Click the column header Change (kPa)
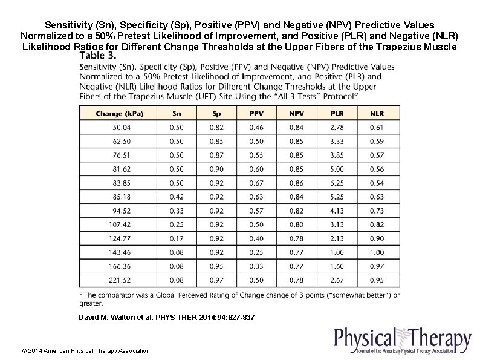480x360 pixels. [118, 113]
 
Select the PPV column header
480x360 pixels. [256, 113]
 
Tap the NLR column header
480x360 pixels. [377, 113]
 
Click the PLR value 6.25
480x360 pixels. [337, 183]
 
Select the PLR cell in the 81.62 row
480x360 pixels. [337, 169]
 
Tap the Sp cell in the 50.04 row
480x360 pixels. [216, 128]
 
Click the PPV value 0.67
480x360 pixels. [256, 183]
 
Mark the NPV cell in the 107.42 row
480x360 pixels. [296, 225]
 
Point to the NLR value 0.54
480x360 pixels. [377, 183]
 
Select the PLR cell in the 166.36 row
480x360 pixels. [337, 267]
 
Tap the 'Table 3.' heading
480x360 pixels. [97, 55]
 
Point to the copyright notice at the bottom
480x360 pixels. [85, 350]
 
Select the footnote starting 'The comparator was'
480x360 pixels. [239, 299]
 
